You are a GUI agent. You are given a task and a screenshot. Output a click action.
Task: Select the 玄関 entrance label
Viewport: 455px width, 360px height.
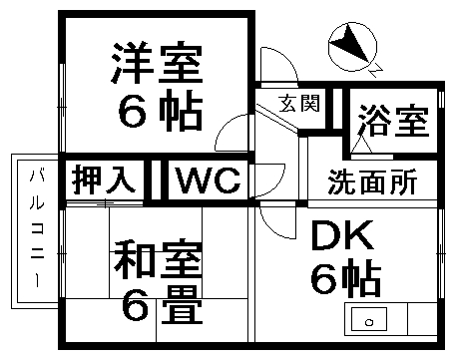[x=298, y=103]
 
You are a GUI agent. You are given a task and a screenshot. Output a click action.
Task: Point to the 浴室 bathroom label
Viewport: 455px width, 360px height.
[x=392, y=122]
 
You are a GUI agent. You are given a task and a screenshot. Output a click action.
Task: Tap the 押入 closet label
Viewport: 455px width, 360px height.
[x=102, y=181]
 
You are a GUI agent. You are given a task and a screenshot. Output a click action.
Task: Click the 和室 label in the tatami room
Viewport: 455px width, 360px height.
[x=158, y=261]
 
